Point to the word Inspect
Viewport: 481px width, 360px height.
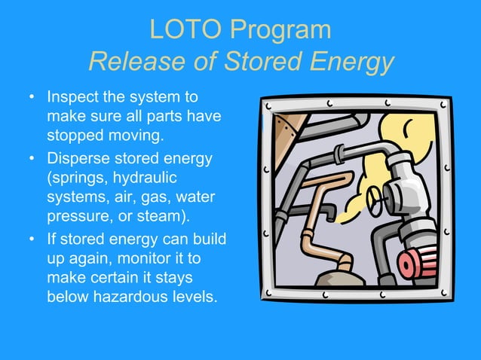tap(73, 98)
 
